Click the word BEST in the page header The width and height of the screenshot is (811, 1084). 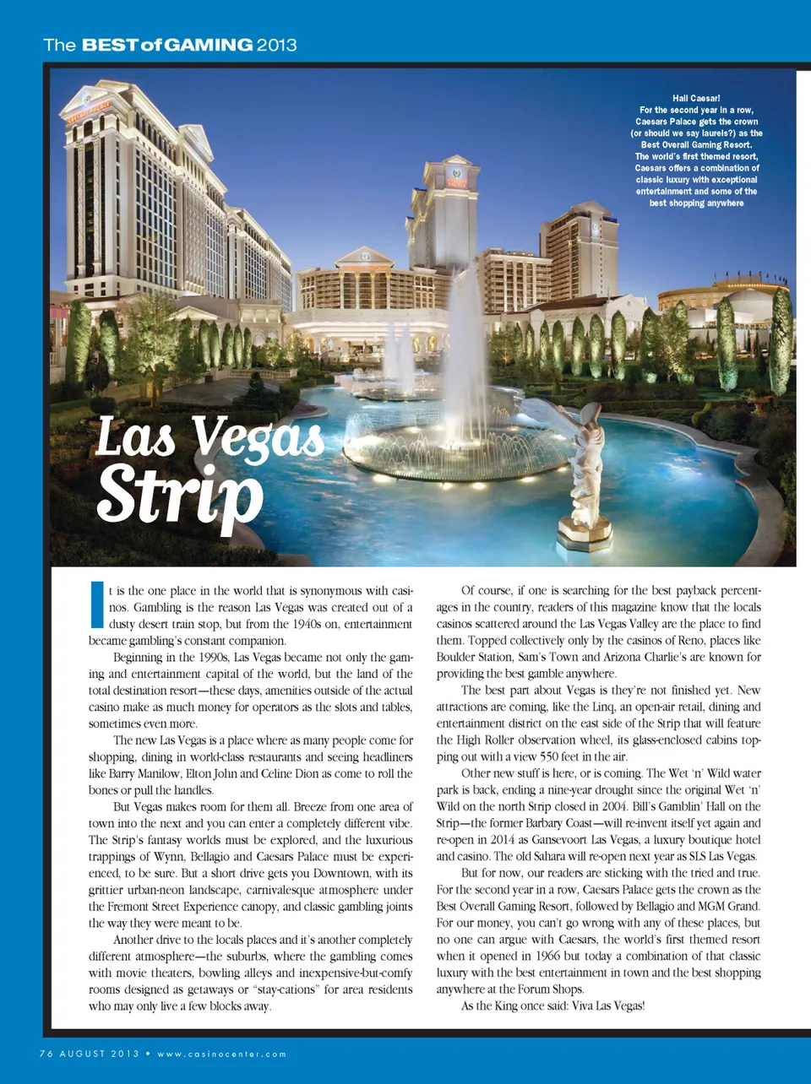110,45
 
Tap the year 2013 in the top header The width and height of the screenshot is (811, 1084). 276,45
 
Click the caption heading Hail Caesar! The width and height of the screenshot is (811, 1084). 696,98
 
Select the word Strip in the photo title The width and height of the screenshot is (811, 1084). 179,493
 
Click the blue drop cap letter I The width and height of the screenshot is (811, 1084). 96,604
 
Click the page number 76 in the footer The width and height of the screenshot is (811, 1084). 46,1054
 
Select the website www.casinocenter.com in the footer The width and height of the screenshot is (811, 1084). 221,1054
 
